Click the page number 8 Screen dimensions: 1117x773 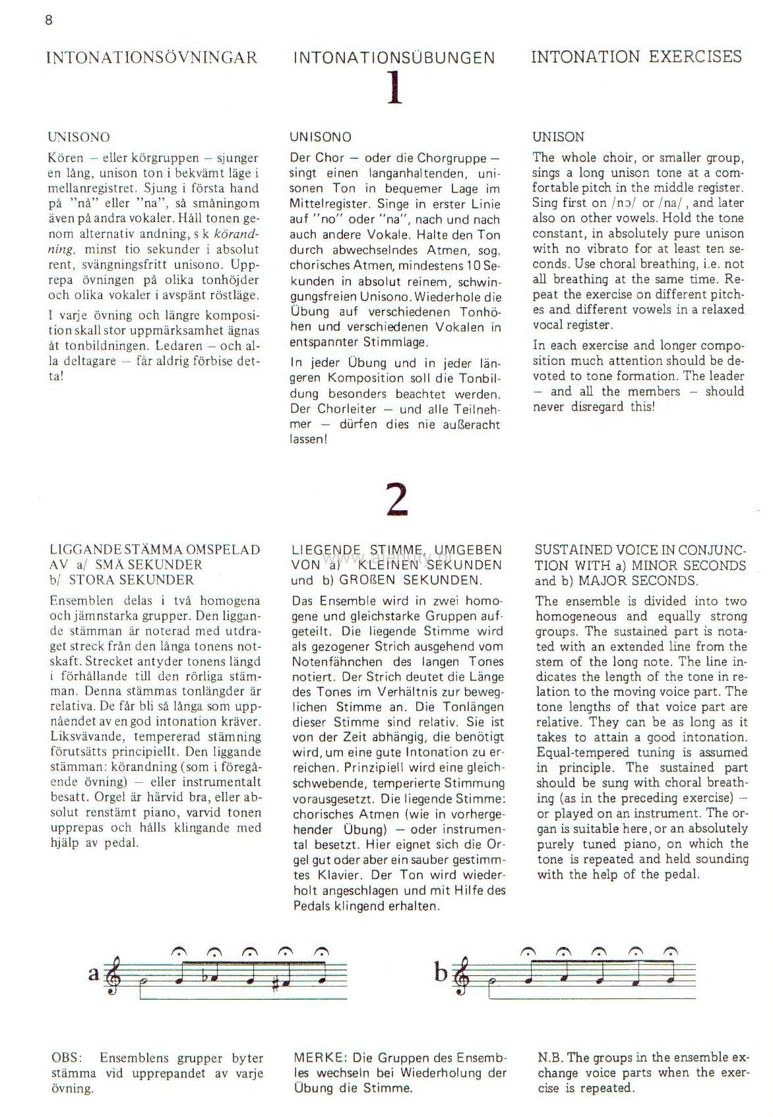48,20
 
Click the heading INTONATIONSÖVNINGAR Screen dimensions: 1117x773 152,57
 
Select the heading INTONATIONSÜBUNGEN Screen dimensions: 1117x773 394,57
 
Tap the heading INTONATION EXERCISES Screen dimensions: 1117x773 636,57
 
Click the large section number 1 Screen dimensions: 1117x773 394,88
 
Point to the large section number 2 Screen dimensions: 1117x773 396,500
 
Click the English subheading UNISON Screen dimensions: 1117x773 558,137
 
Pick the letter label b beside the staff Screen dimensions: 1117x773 441,973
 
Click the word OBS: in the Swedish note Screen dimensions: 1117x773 67,1058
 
